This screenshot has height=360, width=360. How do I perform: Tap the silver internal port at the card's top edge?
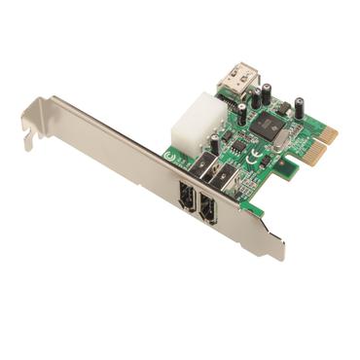236,77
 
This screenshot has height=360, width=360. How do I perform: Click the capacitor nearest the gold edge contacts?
301,109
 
